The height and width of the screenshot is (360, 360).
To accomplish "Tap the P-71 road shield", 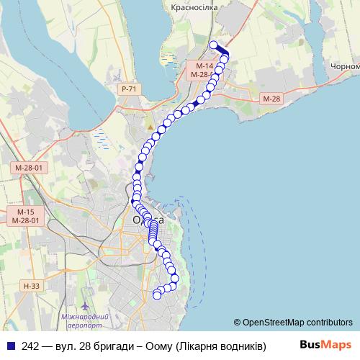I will (x=130, y=89).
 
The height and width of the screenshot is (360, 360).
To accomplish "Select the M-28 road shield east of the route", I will (x=271, y=98).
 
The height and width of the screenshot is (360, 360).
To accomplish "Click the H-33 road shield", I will (x=30, y=286).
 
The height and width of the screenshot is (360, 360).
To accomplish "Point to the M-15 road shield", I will (x=26, y=212).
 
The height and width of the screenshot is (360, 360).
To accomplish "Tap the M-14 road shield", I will (x=197, y=66).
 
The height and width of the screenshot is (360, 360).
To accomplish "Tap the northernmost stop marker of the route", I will (x=213, y=45).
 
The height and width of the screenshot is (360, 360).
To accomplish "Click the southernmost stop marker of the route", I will (x=157, y=294).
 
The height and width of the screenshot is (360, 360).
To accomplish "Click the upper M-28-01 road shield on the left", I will (x=29, y=168).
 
